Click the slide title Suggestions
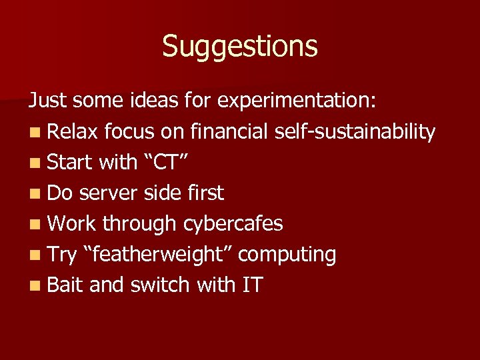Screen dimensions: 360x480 [x=240, y=47]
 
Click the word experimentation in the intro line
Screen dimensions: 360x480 [x=297, y=101]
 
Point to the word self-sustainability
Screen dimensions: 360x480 [x=355, y=132]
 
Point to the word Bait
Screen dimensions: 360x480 [x=65, y=285]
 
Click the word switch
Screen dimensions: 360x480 [x=160, y=285]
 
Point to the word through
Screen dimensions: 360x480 [x=137, y=224]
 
